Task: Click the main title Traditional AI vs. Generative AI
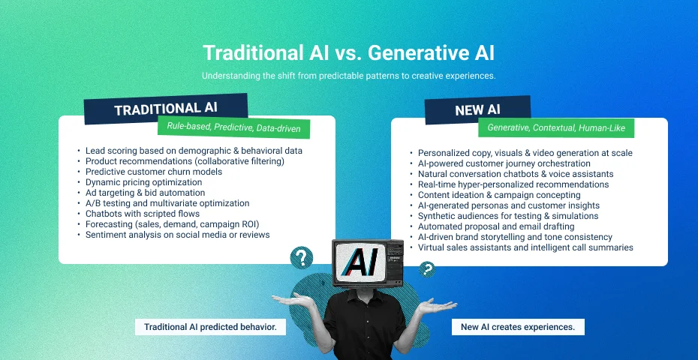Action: (348, 53)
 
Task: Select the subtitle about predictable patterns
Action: (348, 76)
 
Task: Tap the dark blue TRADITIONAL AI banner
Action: (166, 109)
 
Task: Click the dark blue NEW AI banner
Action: (477, 110)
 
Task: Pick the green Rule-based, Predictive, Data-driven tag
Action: (233, 127)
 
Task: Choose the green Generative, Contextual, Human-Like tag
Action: (556, 128)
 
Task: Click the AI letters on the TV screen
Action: (360, 262)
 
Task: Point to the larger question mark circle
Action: (302, 258)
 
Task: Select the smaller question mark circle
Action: (427, 269)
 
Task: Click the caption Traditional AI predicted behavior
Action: (211, 327)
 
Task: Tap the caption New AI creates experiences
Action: (518, 327)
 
